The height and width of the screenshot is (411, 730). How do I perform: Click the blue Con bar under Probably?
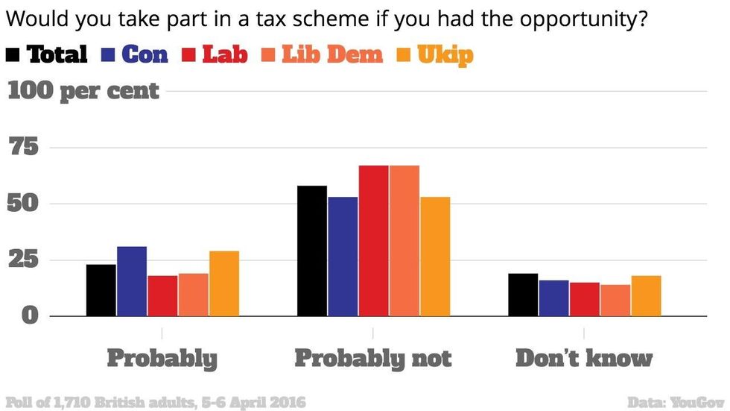click(x=132, y=281)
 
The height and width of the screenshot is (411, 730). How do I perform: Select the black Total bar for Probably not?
click(x=312, y=251)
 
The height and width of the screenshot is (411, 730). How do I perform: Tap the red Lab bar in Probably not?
click(x=373, y=240)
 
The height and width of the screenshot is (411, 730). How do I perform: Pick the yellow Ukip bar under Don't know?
click(x=647, y=296)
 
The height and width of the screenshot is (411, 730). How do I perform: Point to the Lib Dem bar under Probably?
click(x=193, y=295)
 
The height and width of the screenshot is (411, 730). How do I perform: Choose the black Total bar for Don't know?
click(x=523, y=295)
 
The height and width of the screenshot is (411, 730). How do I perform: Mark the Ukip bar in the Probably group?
click(x=224, y=283)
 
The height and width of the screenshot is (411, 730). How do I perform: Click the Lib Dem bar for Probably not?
click(x=404, y=240)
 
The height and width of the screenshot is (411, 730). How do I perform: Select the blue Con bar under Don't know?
click(x=553, y=298)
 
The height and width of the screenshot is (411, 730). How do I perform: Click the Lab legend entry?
click(x=225, y=54)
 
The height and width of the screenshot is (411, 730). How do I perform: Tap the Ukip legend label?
click(x=445, y=55)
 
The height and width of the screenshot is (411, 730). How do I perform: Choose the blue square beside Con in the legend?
click(x=107, y=55)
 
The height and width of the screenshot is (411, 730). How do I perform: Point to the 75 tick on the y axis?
click(x=23, y=147)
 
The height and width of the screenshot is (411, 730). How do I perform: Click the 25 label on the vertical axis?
click(x=23, y=259)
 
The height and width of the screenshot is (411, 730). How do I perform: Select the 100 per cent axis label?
click(x=83, y=91)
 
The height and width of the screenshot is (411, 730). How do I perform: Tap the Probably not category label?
click(x=373, y=359)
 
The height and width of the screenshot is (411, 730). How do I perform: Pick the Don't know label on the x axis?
click(x=584, y=358)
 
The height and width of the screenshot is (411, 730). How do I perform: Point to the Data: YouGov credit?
click(x=676, y=402)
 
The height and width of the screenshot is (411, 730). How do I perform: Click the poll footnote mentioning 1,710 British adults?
click(x=156, y=402)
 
